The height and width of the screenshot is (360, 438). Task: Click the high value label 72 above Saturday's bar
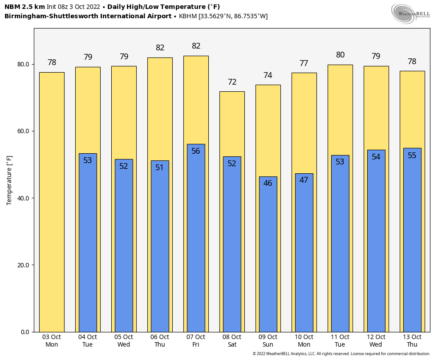[x=232, y=82]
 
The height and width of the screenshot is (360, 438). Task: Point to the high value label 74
[x=268, y=76]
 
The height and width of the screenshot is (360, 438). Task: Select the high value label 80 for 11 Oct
[x=340, y=55]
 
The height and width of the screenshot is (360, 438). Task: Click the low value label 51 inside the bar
[x=160, y=168]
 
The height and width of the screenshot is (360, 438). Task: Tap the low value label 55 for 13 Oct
[x=412, y=155]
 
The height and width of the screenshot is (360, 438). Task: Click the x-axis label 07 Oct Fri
[x=196, y=341]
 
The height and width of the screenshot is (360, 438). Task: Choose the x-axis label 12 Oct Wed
[x=376, y=341]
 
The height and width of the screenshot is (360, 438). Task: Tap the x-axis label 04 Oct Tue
[x=88, y=341]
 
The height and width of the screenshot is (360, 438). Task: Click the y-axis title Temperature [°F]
[x=9, y=180]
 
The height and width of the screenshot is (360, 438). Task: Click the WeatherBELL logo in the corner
[x=410, y=13]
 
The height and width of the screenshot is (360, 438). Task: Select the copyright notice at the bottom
[x=341, y=354]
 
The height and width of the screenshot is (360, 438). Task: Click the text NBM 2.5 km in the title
[x=24, y=7]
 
